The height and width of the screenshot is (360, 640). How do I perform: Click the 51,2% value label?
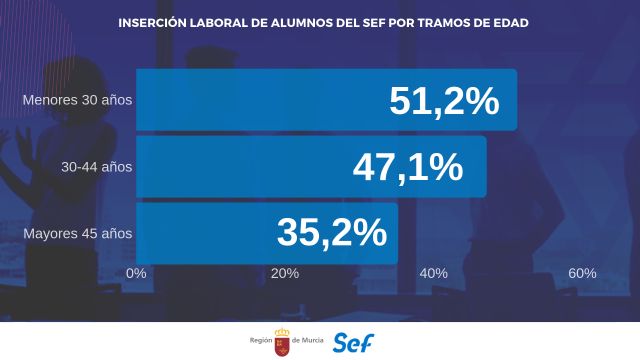pyautogui.click(x=444, y=101)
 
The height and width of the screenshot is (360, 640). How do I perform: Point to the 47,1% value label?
pyautogui.click(x=408, y=167)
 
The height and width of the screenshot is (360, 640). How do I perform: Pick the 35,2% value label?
pyautogui.click(x=331, y=233)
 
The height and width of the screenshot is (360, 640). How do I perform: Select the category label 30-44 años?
pyautogui.click(x=96, y=167)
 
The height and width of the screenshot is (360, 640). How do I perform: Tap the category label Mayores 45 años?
pyautogui.click(x=77, y=234)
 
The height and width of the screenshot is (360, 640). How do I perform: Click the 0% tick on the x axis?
pyautogui.click(x=137, y=273)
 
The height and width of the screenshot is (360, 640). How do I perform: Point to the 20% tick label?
pyautogui.click(x=285, y=273)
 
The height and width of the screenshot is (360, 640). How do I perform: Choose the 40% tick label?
pyautogui.click(x=433, y=273)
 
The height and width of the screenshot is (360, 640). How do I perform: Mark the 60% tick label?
pyautogui.click(x=582, y=273)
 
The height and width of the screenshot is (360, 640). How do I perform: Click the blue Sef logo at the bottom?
pyautogui.click(x=354, y=341)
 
